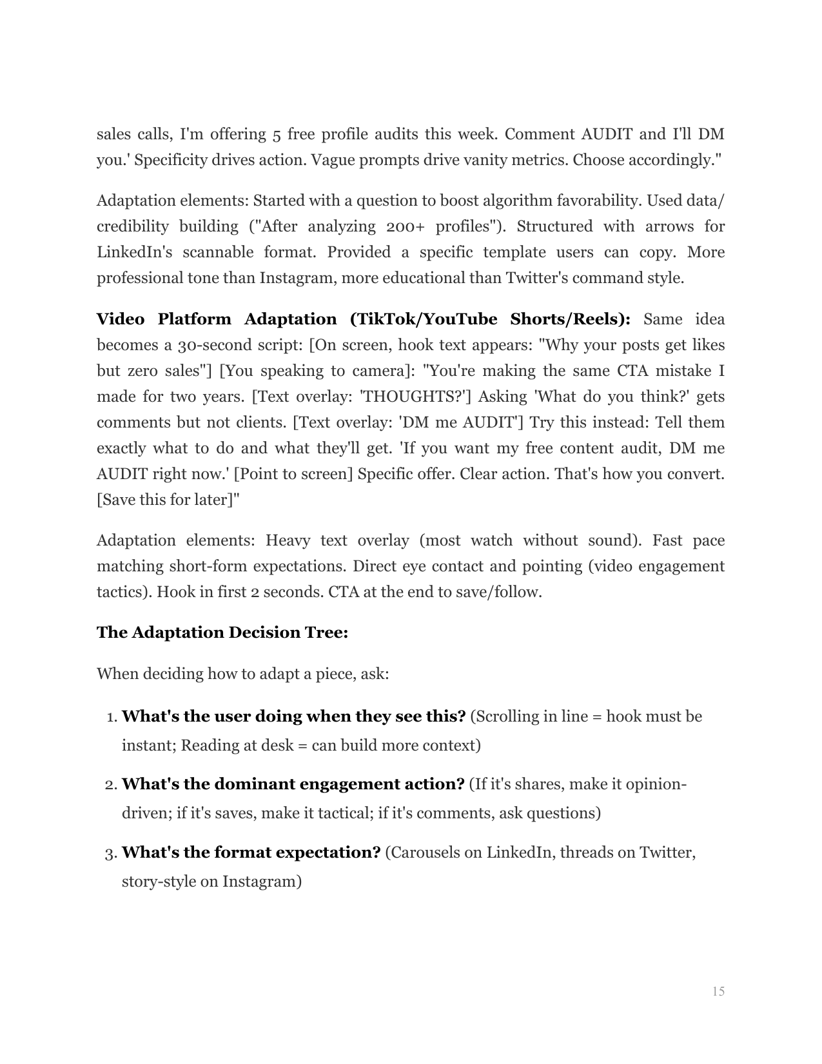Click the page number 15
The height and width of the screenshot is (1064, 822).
click(x=718, y=991)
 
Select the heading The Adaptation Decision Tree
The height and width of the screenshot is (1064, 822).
click(x=222, y=633)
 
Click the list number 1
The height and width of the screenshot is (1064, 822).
click(x=110, y=718)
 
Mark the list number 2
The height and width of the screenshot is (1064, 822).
click(x=110, y=785)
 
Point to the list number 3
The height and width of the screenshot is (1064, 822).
click(x=110, y=854)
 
